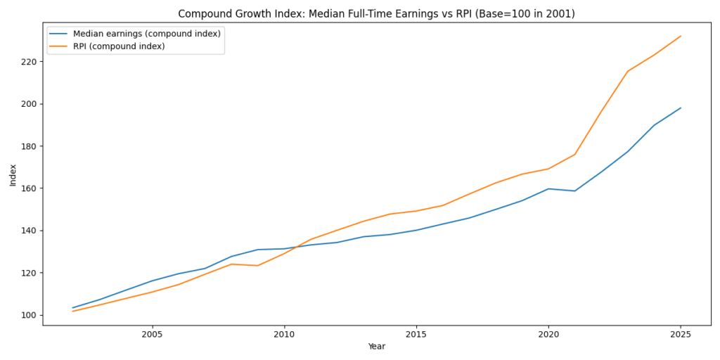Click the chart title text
point(376,13)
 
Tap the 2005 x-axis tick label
point(152,334)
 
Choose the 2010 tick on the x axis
point(284,334)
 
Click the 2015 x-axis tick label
point(416,334)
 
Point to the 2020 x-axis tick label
point(548,334)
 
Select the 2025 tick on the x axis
point(681,334)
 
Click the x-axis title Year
point(376,347)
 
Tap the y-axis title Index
point(13,175)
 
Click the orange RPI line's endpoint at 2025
point(681,36)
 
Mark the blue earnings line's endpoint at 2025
point(681,108)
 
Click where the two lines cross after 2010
point(297,246)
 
